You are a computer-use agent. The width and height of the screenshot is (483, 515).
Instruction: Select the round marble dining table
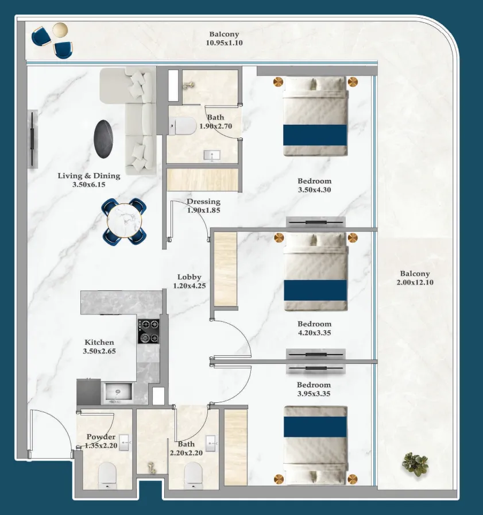125,221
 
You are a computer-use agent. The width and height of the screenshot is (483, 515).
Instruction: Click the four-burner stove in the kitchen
148,331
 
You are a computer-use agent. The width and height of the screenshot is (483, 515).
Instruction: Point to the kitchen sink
118,393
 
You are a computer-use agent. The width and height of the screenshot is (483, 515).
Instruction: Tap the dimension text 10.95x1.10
224,43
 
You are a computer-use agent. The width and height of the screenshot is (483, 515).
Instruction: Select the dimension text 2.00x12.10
415,282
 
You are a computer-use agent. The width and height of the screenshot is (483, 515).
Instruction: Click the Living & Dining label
89,176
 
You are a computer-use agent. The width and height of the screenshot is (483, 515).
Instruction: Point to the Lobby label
189,277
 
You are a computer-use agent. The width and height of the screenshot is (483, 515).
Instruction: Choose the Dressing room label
203,202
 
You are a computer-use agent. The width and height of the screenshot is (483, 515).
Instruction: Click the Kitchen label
99,342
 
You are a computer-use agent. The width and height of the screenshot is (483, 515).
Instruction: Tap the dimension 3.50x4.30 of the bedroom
314,190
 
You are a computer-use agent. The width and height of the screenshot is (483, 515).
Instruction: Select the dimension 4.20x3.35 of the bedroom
314,333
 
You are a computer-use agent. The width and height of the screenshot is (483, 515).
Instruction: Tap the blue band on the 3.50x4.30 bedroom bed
315,134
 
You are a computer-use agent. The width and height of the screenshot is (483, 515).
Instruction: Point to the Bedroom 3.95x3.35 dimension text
314,394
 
